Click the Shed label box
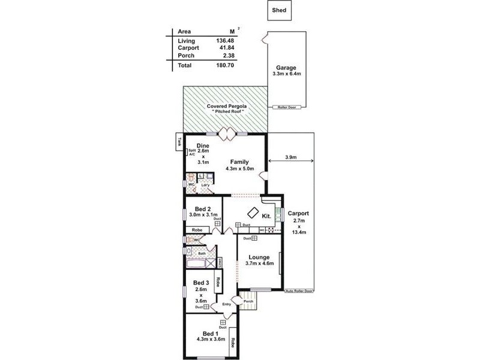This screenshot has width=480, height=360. pyautogui.click(x=280, y=10)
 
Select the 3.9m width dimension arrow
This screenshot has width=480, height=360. pyautogui.click(x=291, y=158)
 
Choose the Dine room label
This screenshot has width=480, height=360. pyautogui.click(x=203, y=145)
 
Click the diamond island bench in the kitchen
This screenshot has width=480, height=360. pyautogui.click(x=253, y=212)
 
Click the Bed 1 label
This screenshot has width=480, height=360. pyautogui.click(x=209, y=333)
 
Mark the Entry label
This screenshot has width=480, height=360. pyautogui.click(x=226, y=304)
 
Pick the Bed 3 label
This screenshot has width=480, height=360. pyautogui.click(x=200, y=283)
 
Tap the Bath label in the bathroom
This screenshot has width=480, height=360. pyautogui.click(x=202, y=254)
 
